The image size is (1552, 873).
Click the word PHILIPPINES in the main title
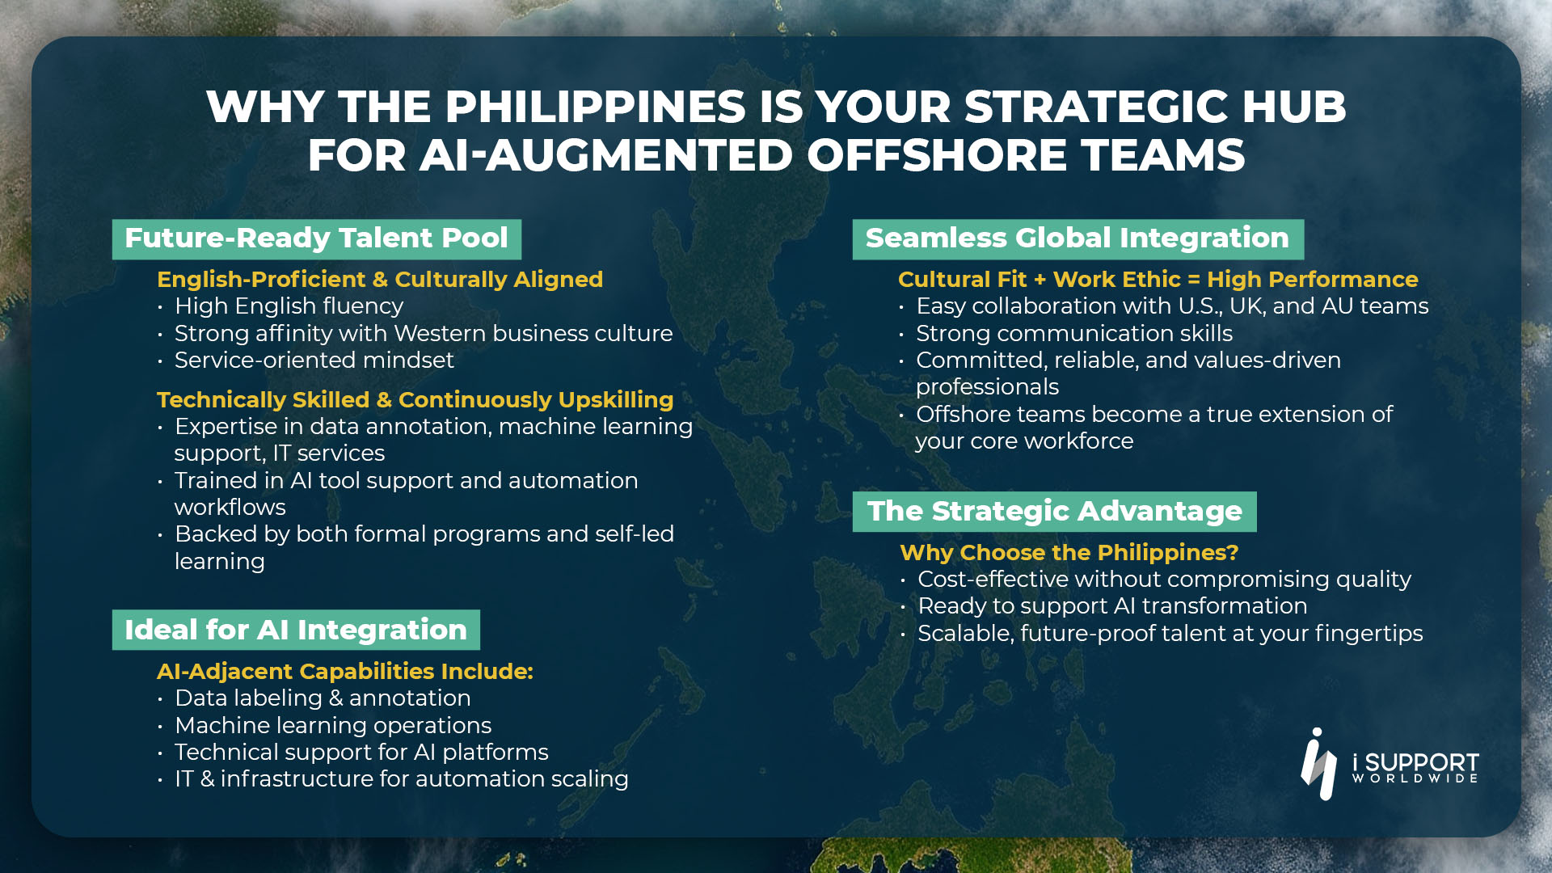coord(595,107)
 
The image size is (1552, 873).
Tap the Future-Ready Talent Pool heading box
coord(317,239)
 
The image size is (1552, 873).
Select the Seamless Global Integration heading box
coord(1078,239)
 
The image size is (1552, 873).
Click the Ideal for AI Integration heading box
coord(296,630)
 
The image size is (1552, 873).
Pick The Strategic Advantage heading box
coord(1055,512)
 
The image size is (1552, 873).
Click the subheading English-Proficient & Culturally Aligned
coord(380,279)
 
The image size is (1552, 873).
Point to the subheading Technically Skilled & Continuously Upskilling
coord(415,399)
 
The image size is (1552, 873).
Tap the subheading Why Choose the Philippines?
coord(1069,552)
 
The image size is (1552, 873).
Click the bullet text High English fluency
coord(289,306)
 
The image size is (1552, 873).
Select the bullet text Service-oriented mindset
coord(314,360)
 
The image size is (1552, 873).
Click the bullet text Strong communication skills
coord(1074,333)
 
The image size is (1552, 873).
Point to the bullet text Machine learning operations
coord(333,725)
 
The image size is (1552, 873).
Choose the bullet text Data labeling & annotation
coord(323,698)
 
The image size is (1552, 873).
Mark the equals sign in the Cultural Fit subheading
coord(1194,280)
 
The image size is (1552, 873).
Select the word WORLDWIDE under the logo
coord(1415,778)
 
